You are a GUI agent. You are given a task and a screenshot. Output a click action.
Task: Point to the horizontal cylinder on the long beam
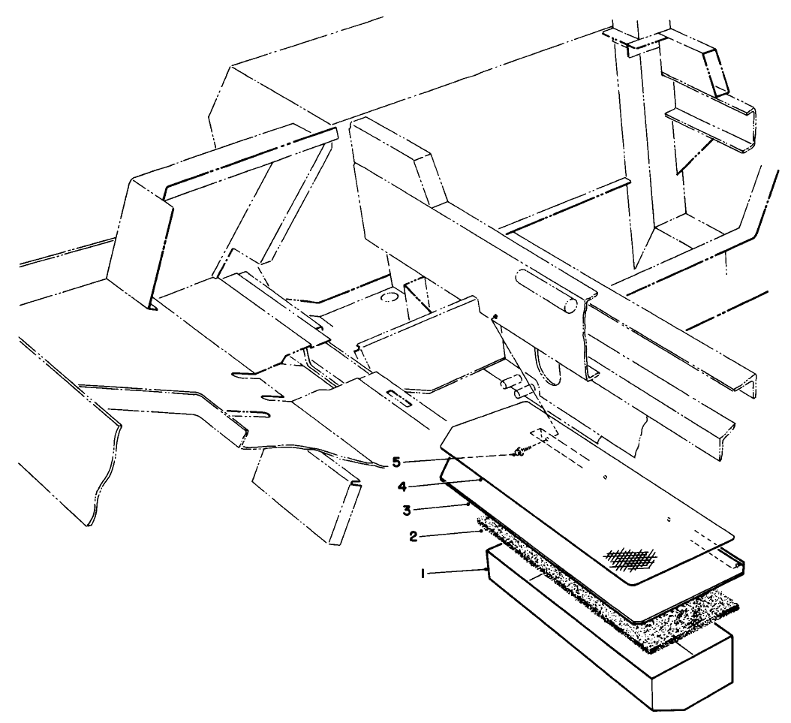point(546,290)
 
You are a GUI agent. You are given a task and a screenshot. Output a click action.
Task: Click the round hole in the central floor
point(389,298)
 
